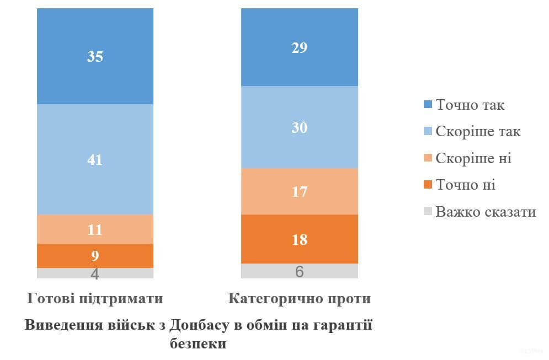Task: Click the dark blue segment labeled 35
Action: tap(95, 56)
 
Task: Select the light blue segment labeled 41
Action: tap(95, 159)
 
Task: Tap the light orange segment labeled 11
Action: tap(95, 229)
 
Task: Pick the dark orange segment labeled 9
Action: tap(95, 256)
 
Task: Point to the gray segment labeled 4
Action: tap(95, 273)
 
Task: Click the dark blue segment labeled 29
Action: tap(300, 47)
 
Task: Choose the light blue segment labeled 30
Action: tap(300, 127)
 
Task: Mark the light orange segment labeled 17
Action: tap(300, 191)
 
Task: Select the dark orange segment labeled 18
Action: tap(300, 239)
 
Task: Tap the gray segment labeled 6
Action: tap(300, 271)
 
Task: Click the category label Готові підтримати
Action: tap(95, 299)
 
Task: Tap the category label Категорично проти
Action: tap(300, 299)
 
